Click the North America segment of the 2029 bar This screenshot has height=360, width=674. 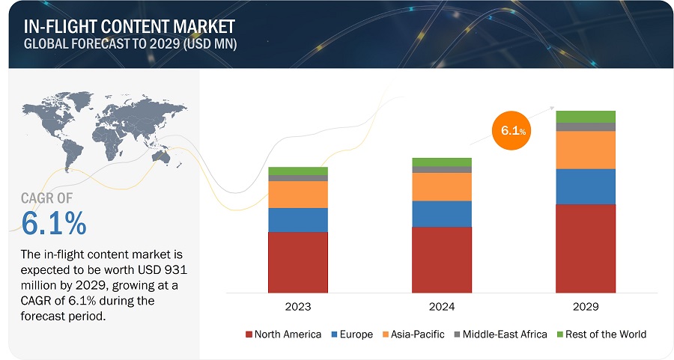tap(585, 248)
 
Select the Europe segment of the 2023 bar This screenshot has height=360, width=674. tap(298, 219)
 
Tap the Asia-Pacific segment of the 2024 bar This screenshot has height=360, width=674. tap(441, 186)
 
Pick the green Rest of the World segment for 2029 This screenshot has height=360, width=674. tap(585, 116)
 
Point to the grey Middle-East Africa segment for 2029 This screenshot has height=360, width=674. tap(585, 126)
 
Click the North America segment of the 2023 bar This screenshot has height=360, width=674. tap(298, 262)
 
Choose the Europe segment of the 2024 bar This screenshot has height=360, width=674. tap(441, 213)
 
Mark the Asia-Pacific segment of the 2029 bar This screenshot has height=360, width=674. tap(585, 150)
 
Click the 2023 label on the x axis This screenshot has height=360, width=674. tap(298, 307)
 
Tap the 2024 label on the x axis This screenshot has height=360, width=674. tap(441, 307)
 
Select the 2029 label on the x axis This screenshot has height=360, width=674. tap(585, 307)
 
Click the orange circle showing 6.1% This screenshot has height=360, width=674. tap(509, 131)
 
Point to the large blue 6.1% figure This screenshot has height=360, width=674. tap(54, 223)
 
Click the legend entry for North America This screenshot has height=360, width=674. tap(282, 334)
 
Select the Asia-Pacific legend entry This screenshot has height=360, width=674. tap(413, 334)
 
